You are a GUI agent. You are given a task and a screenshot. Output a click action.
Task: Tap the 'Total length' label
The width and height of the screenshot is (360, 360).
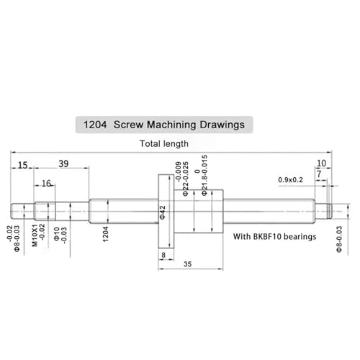click(164, 144)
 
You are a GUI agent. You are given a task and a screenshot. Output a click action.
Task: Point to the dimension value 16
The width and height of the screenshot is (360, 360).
click(46, 184)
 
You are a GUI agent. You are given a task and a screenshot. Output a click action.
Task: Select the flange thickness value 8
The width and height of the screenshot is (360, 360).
click(163, 255)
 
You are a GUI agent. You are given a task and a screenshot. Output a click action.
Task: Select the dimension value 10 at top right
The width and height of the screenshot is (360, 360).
click(321, 163)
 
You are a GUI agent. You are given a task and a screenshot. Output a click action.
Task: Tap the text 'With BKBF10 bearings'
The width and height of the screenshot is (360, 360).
click(275, 236)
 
